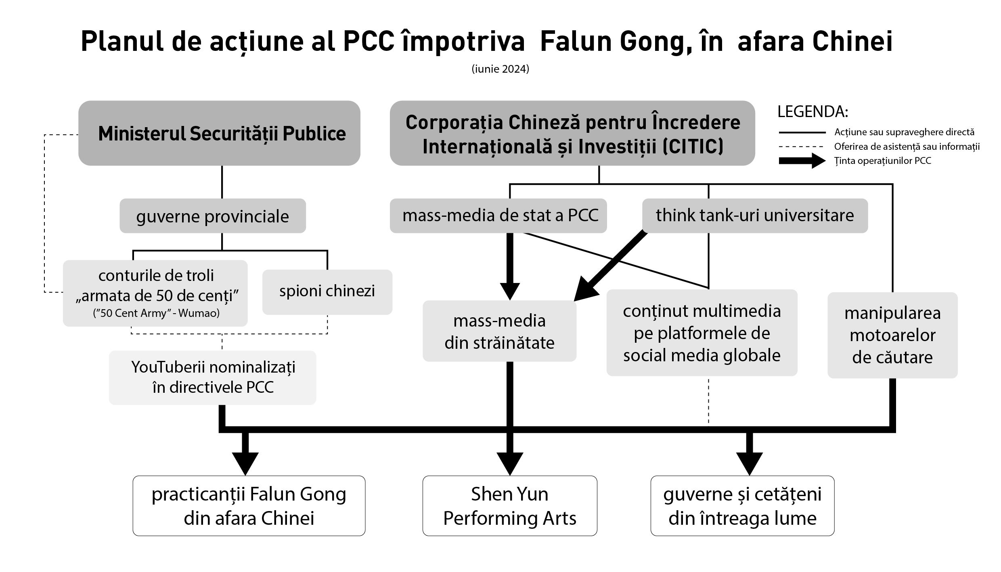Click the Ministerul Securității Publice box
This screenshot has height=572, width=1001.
point(219,133)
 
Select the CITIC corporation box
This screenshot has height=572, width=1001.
point(572,133)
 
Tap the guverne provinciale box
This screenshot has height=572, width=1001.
point(212,216)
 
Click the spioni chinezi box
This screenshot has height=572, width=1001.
point(327,291)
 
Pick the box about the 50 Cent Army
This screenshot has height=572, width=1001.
point(155,293)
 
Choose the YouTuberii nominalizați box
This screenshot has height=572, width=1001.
point(213,377)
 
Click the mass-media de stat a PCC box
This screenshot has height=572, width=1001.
point(498,216)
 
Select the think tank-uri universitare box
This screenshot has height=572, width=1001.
point(755,216)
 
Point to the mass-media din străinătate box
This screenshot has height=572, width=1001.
point(499,331)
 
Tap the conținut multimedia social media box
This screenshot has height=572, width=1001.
point(702,333)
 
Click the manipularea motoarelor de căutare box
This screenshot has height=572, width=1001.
point(892,335)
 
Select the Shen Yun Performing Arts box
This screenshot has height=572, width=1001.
point(510,506)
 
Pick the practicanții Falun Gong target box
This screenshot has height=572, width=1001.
point(249,506)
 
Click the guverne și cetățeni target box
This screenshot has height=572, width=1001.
point(742,506)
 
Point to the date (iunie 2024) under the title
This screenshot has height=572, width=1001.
point(500,69)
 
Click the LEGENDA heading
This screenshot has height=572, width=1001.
point(813,112)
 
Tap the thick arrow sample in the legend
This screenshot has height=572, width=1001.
point(802,161)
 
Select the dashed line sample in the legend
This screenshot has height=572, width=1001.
point(802,147)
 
